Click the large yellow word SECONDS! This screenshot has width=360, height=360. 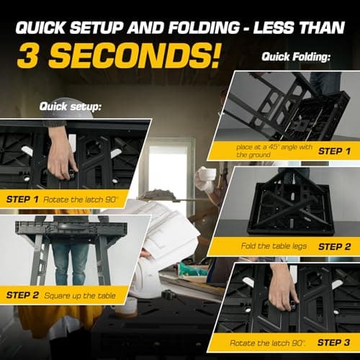coord(135,55)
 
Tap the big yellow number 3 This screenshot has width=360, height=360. coord(27,55)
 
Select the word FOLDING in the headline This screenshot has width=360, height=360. coord(204,27)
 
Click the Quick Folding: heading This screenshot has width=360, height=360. coord(296,57)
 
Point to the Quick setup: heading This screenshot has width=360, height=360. coord(70,107)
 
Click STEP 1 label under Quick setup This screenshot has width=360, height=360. coord(22,199)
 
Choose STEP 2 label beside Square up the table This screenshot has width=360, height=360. coord(22,295)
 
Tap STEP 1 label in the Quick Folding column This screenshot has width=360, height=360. coord(334,151)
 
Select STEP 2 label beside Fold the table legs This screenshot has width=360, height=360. coord(334,247)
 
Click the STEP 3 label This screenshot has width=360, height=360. coord(333,343)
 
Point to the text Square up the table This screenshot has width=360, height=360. coord(80,296)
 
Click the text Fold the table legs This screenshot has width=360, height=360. coord(274,246)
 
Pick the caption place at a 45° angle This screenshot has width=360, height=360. coord(274,150)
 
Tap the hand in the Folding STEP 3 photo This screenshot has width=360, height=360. coord(283,288)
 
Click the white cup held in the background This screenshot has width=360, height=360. coord(207,174)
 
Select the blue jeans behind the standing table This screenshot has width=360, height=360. coord(70,261)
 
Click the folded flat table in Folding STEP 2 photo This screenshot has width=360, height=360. coord(291,207)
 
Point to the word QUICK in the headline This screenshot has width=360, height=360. coord(40,28)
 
